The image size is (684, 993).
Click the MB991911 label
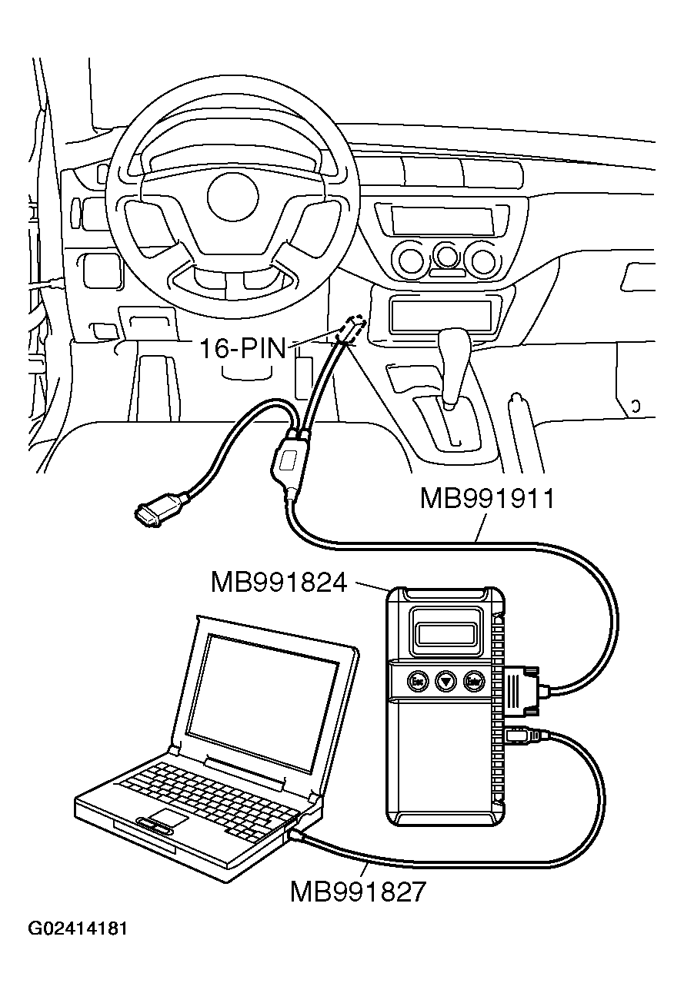[486, 499]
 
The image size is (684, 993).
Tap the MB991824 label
[279, 582]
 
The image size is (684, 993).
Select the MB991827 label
[357, 892]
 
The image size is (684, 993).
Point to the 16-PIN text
[242, 348]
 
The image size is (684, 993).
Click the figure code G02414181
[78, 928]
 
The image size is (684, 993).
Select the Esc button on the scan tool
[417, 680]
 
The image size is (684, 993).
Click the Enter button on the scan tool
[472, 680]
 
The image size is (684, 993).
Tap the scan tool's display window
[445, 634]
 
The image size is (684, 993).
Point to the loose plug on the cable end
[152, 513]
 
